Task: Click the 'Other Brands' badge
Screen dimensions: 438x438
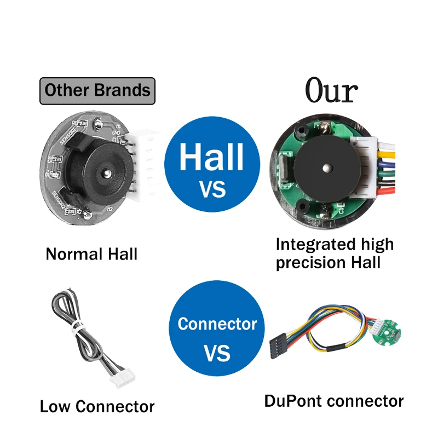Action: pyautogui.click(x=97, y=90)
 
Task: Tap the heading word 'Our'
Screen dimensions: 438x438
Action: pyautogui.click(x=331, y=91)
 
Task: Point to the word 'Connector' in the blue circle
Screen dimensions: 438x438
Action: pyautogui.click(x=217, y=324)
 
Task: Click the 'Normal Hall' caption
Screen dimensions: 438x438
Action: pyautogui.click(x=91, y=254)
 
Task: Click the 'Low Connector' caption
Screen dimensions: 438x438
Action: pyautogui.click(x=97, y=406)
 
